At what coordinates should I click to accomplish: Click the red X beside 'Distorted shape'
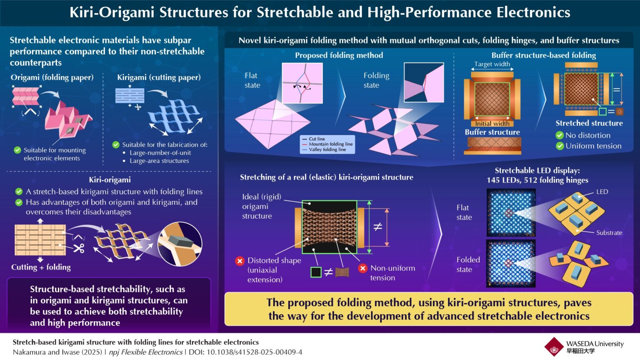(x=240, y=261)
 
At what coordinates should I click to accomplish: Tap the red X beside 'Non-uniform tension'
(x=363, y=268)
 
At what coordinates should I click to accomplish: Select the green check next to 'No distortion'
(x=560, y=135)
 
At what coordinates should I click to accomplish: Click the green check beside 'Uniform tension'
(x=560, y=146)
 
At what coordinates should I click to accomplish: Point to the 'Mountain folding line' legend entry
(x=330, y=144)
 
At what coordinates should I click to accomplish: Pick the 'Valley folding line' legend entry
(x=327, y=150)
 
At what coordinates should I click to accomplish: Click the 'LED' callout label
(x=602, y=192)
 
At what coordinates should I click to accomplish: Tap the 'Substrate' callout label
(x=609, y=232)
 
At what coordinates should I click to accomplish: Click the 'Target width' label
(x=492, y=64)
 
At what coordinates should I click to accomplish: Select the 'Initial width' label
(x=492, y=123)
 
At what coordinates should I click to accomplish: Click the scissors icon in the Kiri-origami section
(x=78, y=249)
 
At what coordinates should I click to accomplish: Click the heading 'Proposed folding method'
(x=339, y=55)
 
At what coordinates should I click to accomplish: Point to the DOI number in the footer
(x=254, y=352)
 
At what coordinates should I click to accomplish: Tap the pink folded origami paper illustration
(x=69, y=119)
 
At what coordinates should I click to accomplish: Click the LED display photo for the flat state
(x=511, y=213)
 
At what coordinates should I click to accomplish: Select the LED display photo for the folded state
(x=511, y=263)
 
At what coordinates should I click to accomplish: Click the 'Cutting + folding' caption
(x=41, y=267)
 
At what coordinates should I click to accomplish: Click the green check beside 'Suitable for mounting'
(x=17, y=150)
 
